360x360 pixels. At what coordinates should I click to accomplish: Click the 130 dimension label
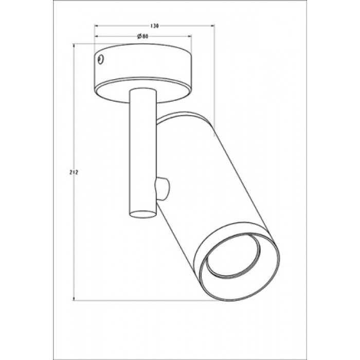point(155,26)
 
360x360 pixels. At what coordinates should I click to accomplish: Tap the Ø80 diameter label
point(142,37)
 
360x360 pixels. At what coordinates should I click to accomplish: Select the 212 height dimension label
point(74,172)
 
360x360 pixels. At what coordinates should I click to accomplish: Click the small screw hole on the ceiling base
point(101,60)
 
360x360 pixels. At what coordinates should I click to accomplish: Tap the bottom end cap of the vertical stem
point(143,214)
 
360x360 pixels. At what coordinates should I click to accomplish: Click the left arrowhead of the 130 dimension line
point(97,26)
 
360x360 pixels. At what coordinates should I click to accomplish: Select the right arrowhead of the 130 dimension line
point(212,26)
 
